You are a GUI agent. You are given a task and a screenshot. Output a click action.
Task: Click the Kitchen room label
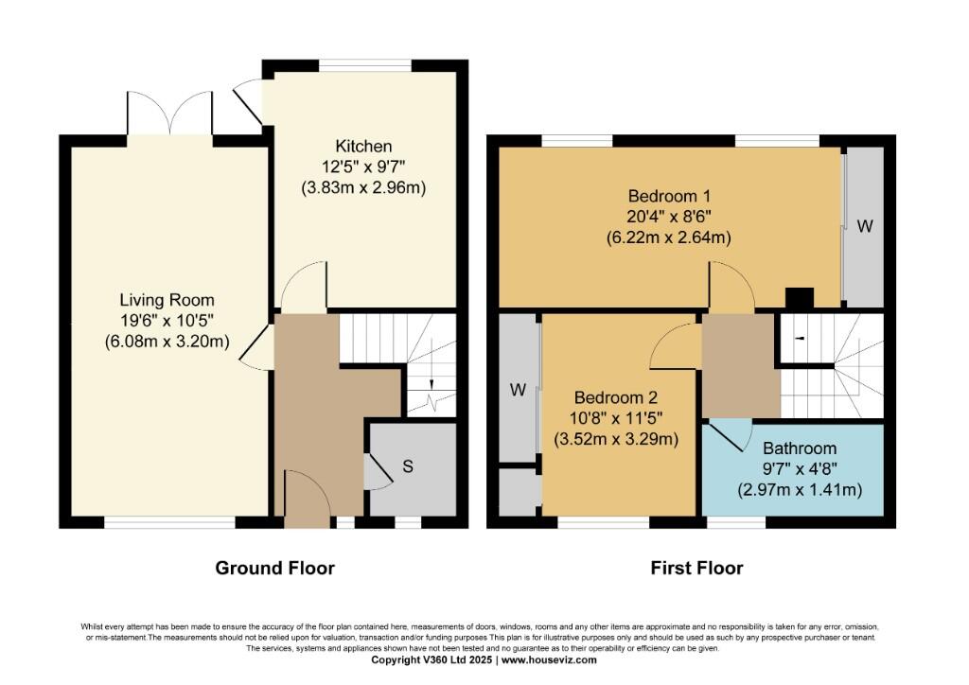(363, 146)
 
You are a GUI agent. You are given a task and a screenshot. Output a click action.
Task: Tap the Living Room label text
(167, 301)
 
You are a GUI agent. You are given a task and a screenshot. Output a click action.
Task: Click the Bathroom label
(800, 448)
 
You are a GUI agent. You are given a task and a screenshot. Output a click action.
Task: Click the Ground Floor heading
(274, 568)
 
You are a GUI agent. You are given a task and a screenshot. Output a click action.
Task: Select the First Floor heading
(696, 568)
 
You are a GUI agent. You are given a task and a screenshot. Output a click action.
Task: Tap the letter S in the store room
(407, 466)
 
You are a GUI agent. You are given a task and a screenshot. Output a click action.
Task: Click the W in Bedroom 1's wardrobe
(865, 227)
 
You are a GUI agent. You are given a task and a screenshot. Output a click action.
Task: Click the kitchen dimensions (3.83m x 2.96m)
(363, 187)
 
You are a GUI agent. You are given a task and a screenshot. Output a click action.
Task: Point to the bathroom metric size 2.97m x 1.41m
(800, 490)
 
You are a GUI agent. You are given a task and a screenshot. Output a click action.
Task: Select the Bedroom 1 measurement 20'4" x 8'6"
(668, 218)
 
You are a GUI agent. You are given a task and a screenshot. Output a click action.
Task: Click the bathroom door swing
(727, 435)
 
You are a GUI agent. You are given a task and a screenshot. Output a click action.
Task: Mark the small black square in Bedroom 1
(800, 298)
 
